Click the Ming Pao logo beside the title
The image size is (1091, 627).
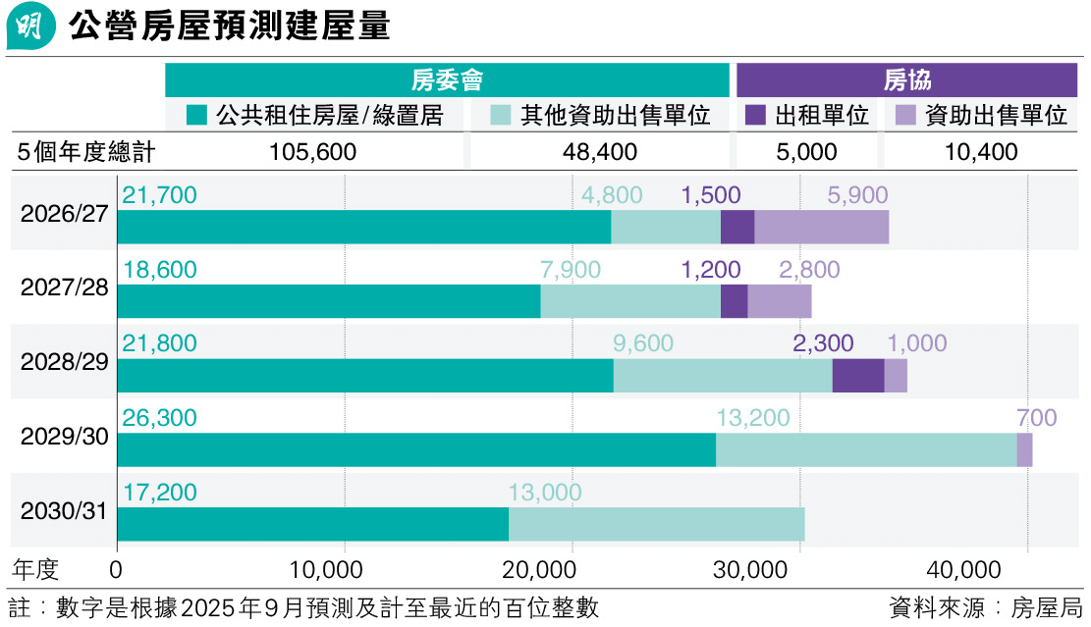click(x=30, y=26)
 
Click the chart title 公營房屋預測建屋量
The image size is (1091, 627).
click(x=230, y=26)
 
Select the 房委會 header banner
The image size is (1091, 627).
click(x=447, y=80)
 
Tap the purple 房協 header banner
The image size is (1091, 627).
click(x=906, y=80)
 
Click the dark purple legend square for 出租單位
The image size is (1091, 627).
click(x=755, y=116)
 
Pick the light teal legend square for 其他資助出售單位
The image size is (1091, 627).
click(x=500, y=116)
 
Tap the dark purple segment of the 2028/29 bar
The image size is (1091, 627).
click(x=857, y=375)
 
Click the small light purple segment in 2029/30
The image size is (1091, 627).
click(x=1024, y=449)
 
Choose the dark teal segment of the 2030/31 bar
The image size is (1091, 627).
click(x=312, y=524)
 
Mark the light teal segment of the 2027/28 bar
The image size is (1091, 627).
click(x=629, y=301)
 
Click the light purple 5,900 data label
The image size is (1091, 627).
click(x=857, y=195)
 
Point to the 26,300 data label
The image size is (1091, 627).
click(x=159, y=418)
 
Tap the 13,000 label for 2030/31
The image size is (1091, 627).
click(x=545, y=493)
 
